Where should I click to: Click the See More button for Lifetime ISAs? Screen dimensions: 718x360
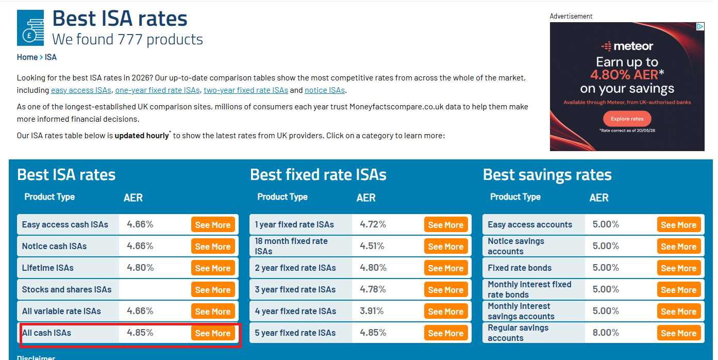tap(213, 268)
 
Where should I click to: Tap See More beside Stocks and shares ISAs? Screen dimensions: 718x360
tap(213, 290)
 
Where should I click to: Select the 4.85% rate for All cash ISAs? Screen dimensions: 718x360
tap(140, 332)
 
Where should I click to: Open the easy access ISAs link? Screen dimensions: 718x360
tap(81, 90)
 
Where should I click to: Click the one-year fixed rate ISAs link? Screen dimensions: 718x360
tap(157, 90)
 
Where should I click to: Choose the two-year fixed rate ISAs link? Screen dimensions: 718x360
tap(246, 90)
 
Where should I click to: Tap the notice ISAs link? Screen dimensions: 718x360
tap(325, 90)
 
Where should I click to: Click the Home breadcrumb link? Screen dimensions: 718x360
tap(27, 57)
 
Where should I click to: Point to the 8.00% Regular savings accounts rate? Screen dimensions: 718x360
tap(606, 332)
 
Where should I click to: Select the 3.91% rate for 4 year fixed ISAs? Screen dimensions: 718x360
tap(372, 311)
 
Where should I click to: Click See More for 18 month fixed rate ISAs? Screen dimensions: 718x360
tap(446, 247)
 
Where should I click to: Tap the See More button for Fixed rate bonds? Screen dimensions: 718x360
tap(679, 268)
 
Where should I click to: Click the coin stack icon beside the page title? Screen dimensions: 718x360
tap(30, 28)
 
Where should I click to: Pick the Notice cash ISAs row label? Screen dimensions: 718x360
tap(54, 246)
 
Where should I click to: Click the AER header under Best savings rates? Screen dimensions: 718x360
tap(599, 198)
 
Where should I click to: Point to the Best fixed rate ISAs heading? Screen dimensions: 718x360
tap(318, 175)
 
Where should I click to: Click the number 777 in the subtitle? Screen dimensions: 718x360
tap(130, 40)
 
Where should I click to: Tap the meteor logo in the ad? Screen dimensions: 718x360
tap(627, 46)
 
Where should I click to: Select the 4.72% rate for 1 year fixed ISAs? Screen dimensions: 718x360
tap(373, 224)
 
